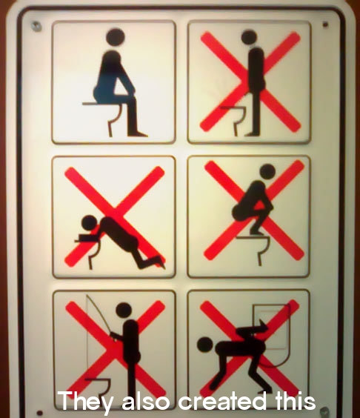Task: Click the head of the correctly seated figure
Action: tap(115, 36)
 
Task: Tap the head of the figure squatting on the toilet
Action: tap(267, 171)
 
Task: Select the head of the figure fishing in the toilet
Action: tap(124, 311)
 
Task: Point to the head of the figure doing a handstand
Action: tap(205, 345)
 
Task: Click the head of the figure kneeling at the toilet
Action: tap(90, 223)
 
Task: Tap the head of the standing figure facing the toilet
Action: tap(249, 37)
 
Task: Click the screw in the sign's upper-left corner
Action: tap(36, 26)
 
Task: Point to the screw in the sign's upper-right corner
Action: tap(325, 24)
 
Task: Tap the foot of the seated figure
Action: tap(137, 133)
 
